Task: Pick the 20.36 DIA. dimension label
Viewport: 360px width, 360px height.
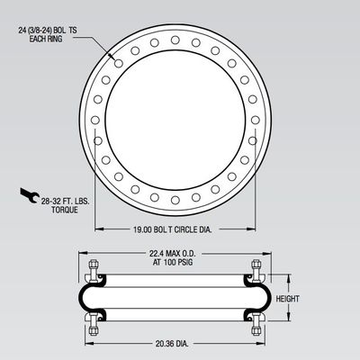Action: tap(170, 342)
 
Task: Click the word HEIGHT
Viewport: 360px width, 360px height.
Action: tap(287, 298)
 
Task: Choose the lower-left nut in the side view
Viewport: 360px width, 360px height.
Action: tap(94, 321)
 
